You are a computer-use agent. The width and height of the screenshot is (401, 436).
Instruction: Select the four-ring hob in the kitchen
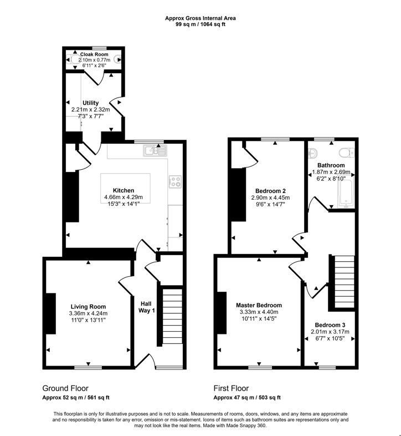point(174,180)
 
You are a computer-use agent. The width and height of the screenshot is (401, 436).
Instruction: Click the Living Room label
point(88,306)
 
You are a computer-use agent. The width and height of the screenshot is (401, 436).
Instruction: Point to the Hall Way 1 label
point(146,306)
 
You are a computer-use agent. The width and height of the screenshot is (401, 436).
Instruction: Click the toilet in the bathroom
point(346,151)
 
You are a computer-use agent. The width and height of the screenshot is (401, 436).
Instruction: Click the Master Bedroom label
point(259,305)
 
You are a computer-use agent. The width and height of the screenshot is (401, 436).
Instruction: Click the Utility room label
point(90,103)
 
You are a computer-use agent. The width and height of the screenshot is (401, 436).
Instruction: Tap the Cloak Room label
point(94,54)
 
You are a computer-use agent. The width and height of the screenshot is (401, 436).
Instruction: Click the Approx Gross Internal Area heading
point(200,18)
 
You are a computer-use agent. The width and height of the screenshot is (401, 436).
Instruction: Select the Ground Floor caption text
point(65,388)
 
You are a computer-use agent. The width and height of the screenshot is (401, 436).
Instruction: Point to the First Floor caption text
point(231,388)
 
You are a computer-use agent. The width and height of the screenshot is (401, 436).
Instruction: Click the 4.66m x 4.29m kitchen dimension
point(123,197)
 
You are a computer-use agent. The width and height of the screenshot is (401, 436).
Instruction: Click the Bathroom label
point(331,165)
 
